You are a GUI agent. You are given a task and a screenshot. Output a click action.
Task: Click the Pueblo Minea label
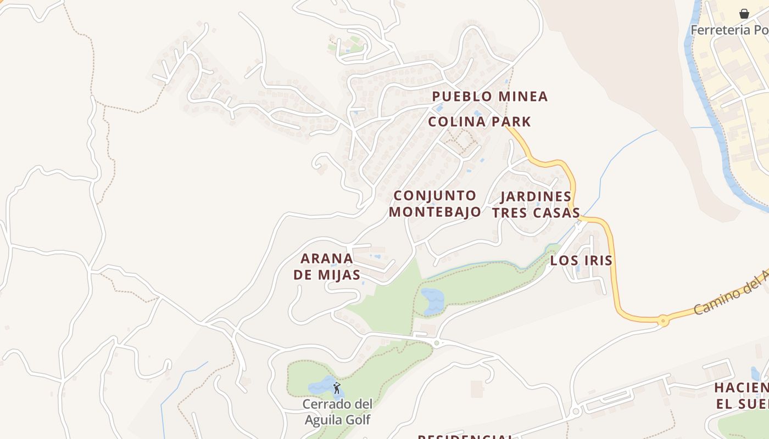pos(489,97)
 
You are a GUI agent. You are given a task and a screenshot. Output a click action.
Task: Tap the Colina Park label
pos(480,122)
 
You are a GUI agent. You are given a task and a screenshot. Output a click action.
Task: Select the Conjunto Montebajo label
pos(434,204)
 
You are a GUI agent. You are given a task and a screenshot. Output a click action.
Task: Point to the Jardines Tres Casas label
pos(536,205)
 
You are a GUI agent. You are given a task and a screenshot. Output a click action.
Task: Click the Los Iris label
pos(581,261)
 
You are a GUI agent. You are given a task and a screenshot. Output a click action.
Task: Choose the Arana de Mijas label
pos(327,267)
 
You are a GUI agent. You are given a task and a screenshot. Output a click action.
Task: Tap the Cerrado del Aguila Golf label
pos(337,412)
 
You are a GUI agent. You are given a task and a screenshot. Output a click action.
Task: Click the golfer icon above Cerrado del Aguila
pos(337,389)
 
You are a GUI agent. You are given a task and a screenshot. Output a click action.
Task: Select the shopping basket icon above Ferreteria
pos(744,13)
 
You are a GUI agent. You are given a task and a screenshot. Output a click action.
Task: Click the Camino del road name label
pos(731,295)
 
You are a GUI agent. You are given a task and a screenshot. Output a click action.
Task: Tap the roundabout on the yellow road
pos(663,320)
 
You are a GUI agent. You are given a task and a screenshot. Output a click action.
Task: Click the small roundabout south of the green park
pos(437,344)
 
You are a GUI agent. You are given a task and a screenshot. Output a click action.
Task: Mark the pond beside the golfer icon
pos(321,387)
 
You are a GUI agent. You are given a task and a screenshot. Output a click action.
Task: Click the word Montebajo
pos(434,212)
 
